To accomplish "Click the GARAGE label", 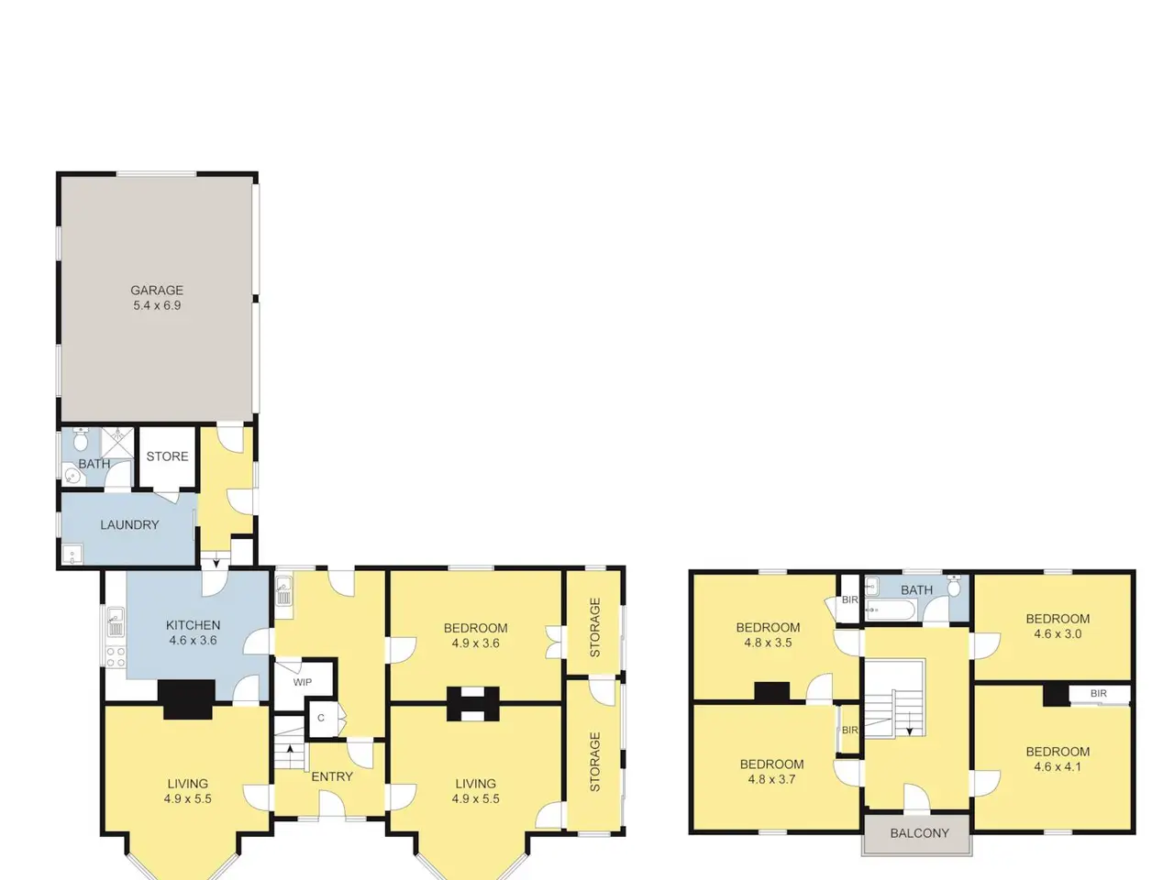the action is [157, 291].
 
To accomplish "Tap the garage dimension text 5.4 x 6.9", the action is [157, 305].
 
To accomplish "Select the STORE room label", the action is [168, 456].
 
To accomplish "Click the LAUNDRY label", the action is [129, 524].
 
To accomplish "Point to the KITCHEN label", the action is [194, 624].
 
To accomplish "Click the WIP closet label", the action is [302, 682].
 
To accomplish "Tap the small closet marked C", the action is [321, 718].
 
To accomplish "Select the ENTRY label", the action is [332, 776].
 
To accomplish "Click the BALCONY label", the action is [919, 833].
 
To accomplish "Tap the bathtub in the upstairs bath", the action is [891, 610].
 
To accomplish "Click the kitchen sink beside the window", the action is [116, 622].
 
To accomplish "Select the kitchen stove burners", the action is [116, 657].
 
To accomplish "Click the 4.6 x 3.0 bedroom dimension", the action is [1058, 634].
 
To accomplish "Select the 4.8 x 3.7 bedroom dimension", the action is [771, 779].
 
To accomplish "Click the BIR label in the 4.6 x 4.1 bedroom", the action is [1099, 694].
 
